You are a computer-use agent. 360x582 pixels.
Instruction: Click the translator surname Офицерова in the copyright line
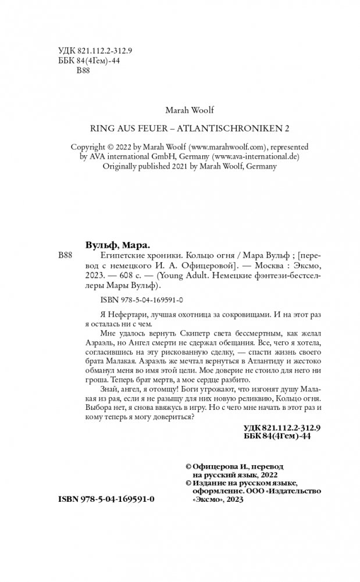(x=215, y=466)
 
